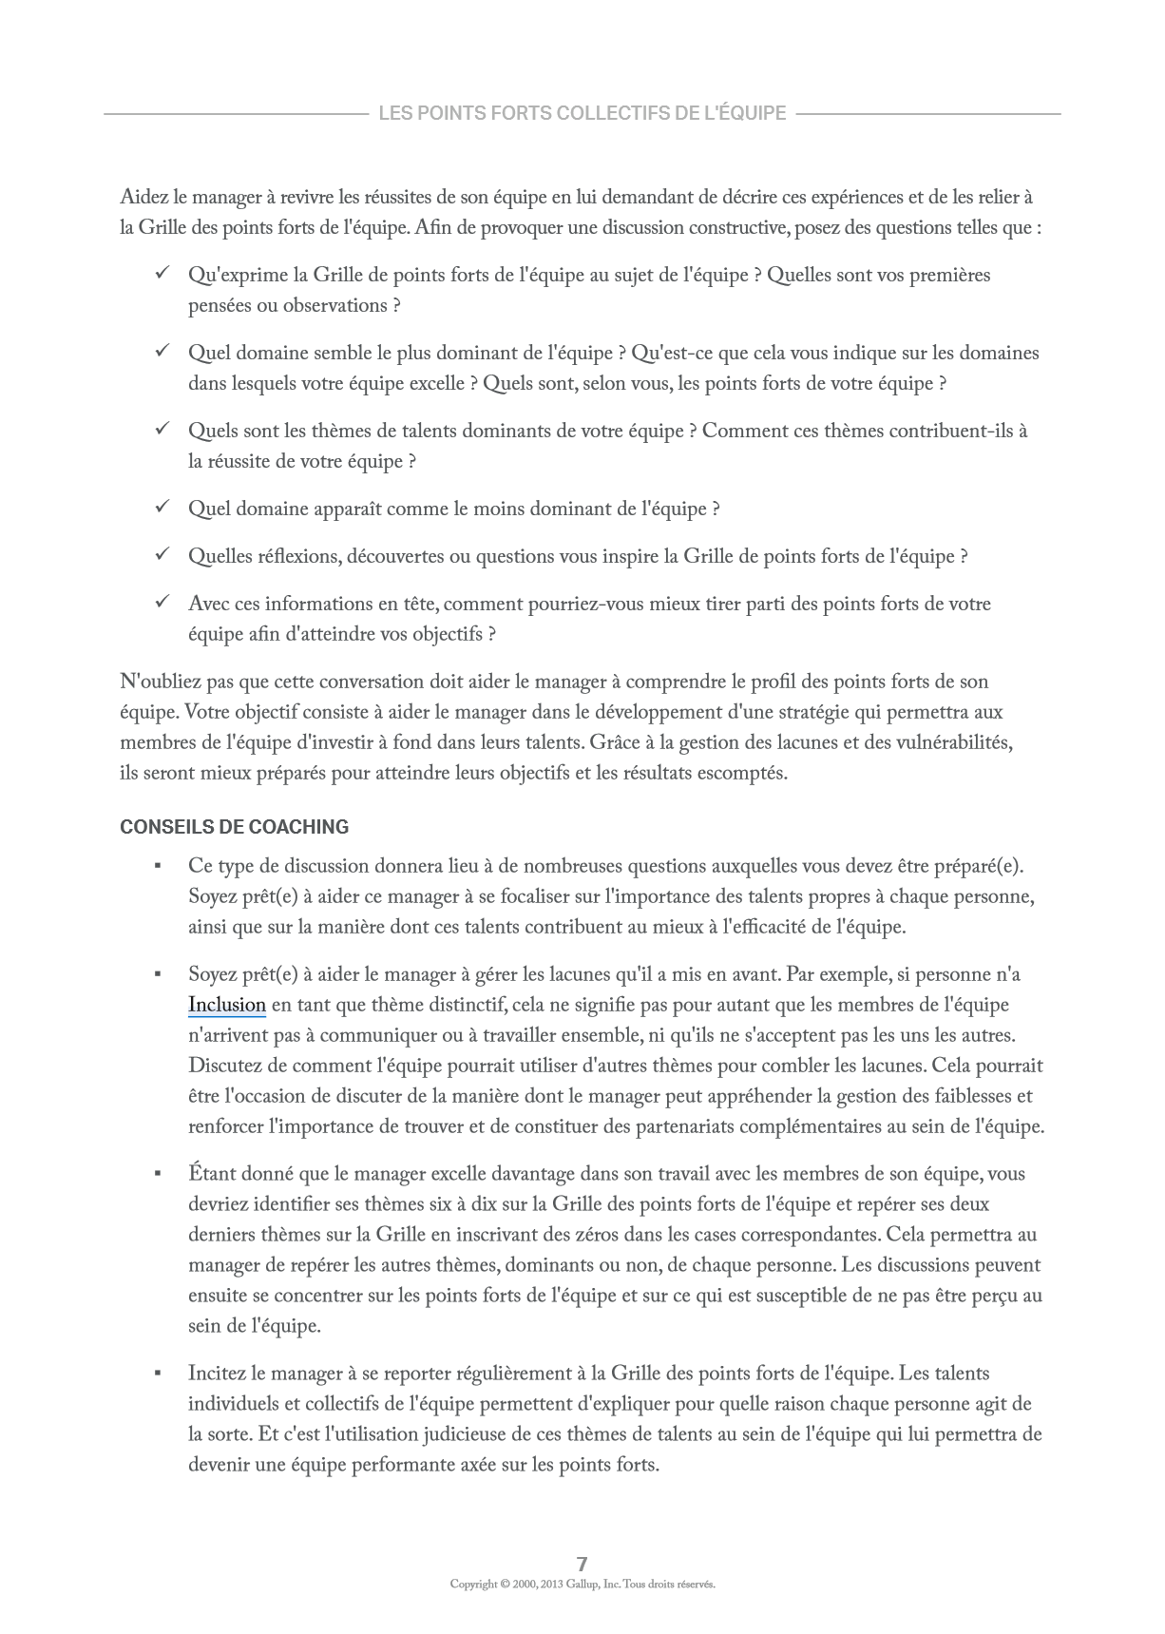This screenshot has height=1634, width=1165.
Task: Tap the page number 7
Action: (x=582, y=1564)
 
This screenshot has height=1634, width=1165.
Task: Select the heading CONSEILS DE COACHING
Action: (x=234, y=827)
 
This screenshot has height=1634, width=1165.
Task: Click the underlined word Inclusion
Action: (x=226, y=1005)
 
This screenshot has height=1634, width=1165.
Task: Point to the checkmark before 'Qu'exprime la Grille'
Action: (x=162, y=274)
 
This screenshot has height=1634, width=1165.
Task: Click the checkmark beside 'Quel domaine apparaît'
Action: (x=162, y=508)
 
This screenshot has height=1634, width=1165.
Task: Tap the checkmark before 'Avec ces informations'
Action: (x=162, y=603)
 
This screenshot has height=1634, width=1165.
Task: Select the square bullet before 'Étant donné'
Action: (x=158, y=1174)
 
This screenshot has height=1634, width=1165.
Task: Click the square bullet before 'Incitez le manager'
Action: (x=158, y=1374)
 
